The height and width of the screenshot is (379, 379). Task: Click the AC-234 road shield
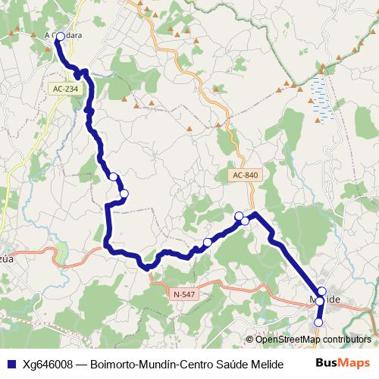click(66, 89)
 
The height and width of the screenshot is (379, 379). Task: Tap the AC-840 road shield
click(246, 175)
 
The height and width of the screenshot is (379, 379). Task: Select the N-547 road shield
click(184, 293)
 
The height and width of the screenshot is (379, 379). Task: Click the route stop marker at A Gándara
click(61, 36)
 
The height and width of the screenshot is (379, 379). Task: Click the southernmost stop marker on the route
click(318, 322)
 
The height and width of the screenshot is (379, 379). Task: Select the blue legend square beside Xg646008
click(11, 362)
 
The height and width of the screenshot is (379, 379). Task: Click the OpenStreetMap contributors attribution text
click(312, 340)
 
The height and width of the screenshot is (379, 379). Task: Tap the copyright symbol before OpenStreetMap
click(249, 340)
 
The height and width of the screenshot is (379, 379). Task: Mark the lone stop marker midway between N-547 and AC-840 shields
click(207, 243)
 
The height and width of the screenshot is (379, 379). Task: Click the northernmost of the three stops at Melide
click(321, 291)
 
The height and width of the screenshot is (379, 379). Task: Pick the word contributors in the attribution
click(346, 340)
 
